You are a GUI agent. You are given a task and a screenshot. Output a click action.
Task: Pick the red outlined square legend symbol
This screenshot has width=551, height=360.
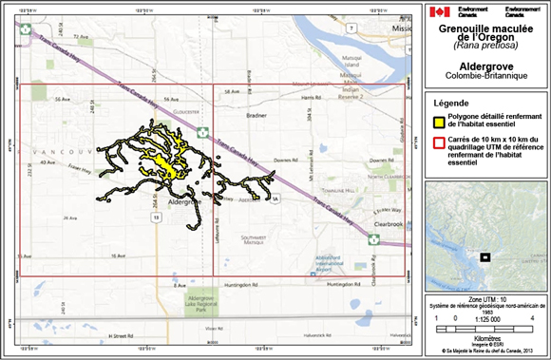point(439,144)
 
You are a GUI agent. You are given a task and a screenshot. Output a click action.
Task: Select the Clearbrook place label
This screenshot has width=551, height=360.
point(385,214)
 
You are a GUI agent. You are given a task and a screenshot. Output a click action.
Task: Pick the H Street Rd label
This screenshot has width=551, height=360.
point(124,335)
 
